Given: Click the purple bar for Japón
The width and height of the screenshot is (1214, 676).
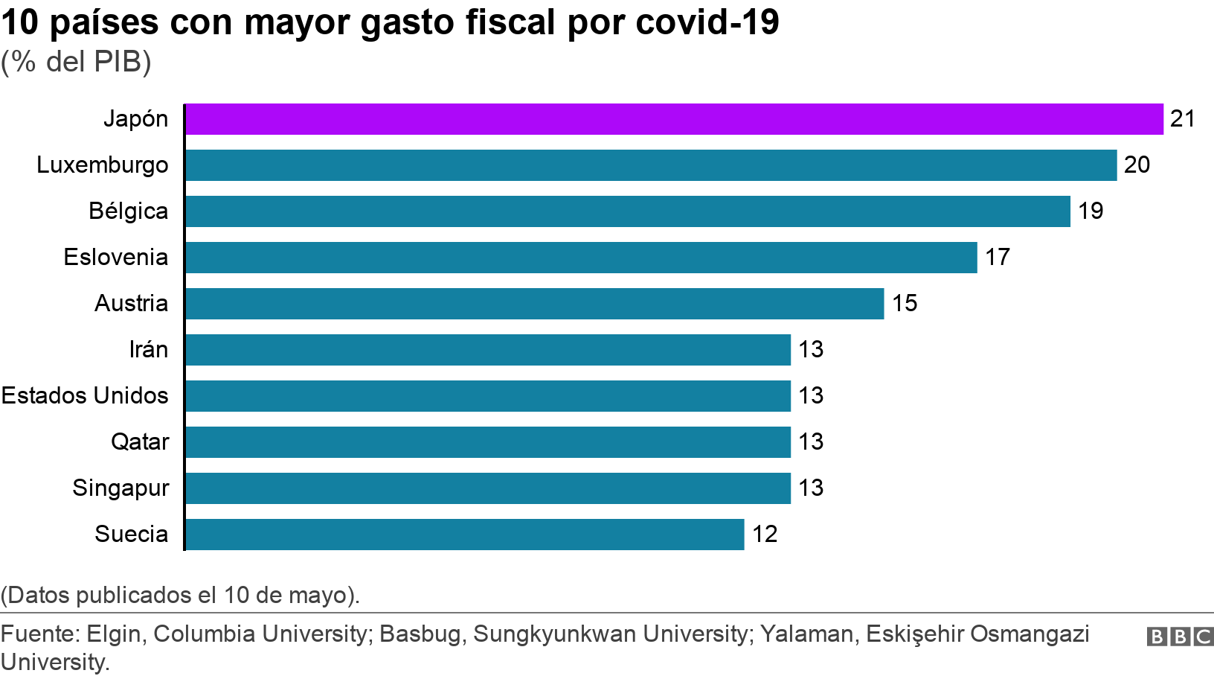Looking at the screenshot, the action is coord(674,119).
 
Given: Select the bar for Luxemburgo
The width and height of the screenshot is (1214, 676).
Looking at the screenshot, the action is coord(651,165).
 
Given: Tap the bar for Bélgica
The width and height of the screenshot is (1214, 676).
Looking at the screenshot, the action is coord(628,211).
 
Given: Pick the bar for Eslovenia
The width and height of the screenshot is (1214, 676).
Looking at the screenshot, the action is coord(581,257).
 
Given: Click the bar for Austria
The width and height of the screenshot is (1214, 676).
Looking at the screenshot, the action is coord(534,303).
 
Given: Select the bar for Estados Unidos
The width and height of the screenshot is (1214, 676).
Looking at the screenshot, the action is coord(488,395).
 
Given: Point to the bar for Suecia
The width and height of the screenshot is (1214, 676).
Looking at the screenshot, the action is coord(464,534).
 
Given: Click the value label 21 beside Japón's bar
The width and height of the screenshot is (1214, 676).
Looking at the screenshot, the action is coord(1182,119).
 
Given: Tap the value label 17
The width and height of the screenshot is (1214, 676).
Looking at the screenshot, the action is coord(998,257).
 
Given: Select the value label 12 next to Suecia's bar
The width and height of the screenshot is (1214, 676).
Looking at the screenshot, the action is coord(765,534).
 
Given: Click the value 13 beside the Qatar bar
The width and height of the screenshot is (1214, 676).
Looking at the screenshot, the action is coord(811,441).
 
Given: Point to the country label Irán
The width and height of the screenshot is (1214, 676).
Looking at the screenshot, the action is coord(149,349).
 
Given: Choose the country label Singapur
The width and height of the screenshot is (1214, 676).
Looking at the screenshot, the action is coord(121,488).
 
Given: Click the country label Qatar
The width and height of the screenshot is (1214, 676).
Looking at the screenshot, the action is coord(140,441).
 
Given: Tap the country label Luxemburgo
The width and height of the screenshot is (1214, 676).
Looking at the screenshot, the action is coord(103,165).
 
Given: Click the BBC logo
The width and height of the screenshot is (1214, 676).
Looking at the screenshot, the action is coord(1180,637).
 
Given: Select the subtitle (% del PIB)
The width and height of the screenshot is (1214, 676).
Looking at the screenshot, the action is coord(76,62).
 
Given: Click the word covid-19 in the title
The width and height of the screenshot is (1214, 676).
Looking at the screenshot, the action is coord(707,23).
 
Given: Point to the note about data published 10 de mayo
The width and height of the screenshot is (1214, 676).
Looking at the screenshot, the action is coord(180,595).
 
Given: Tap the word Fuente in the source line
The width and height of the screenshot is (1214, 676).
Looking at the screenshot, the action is coord(40,634).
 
